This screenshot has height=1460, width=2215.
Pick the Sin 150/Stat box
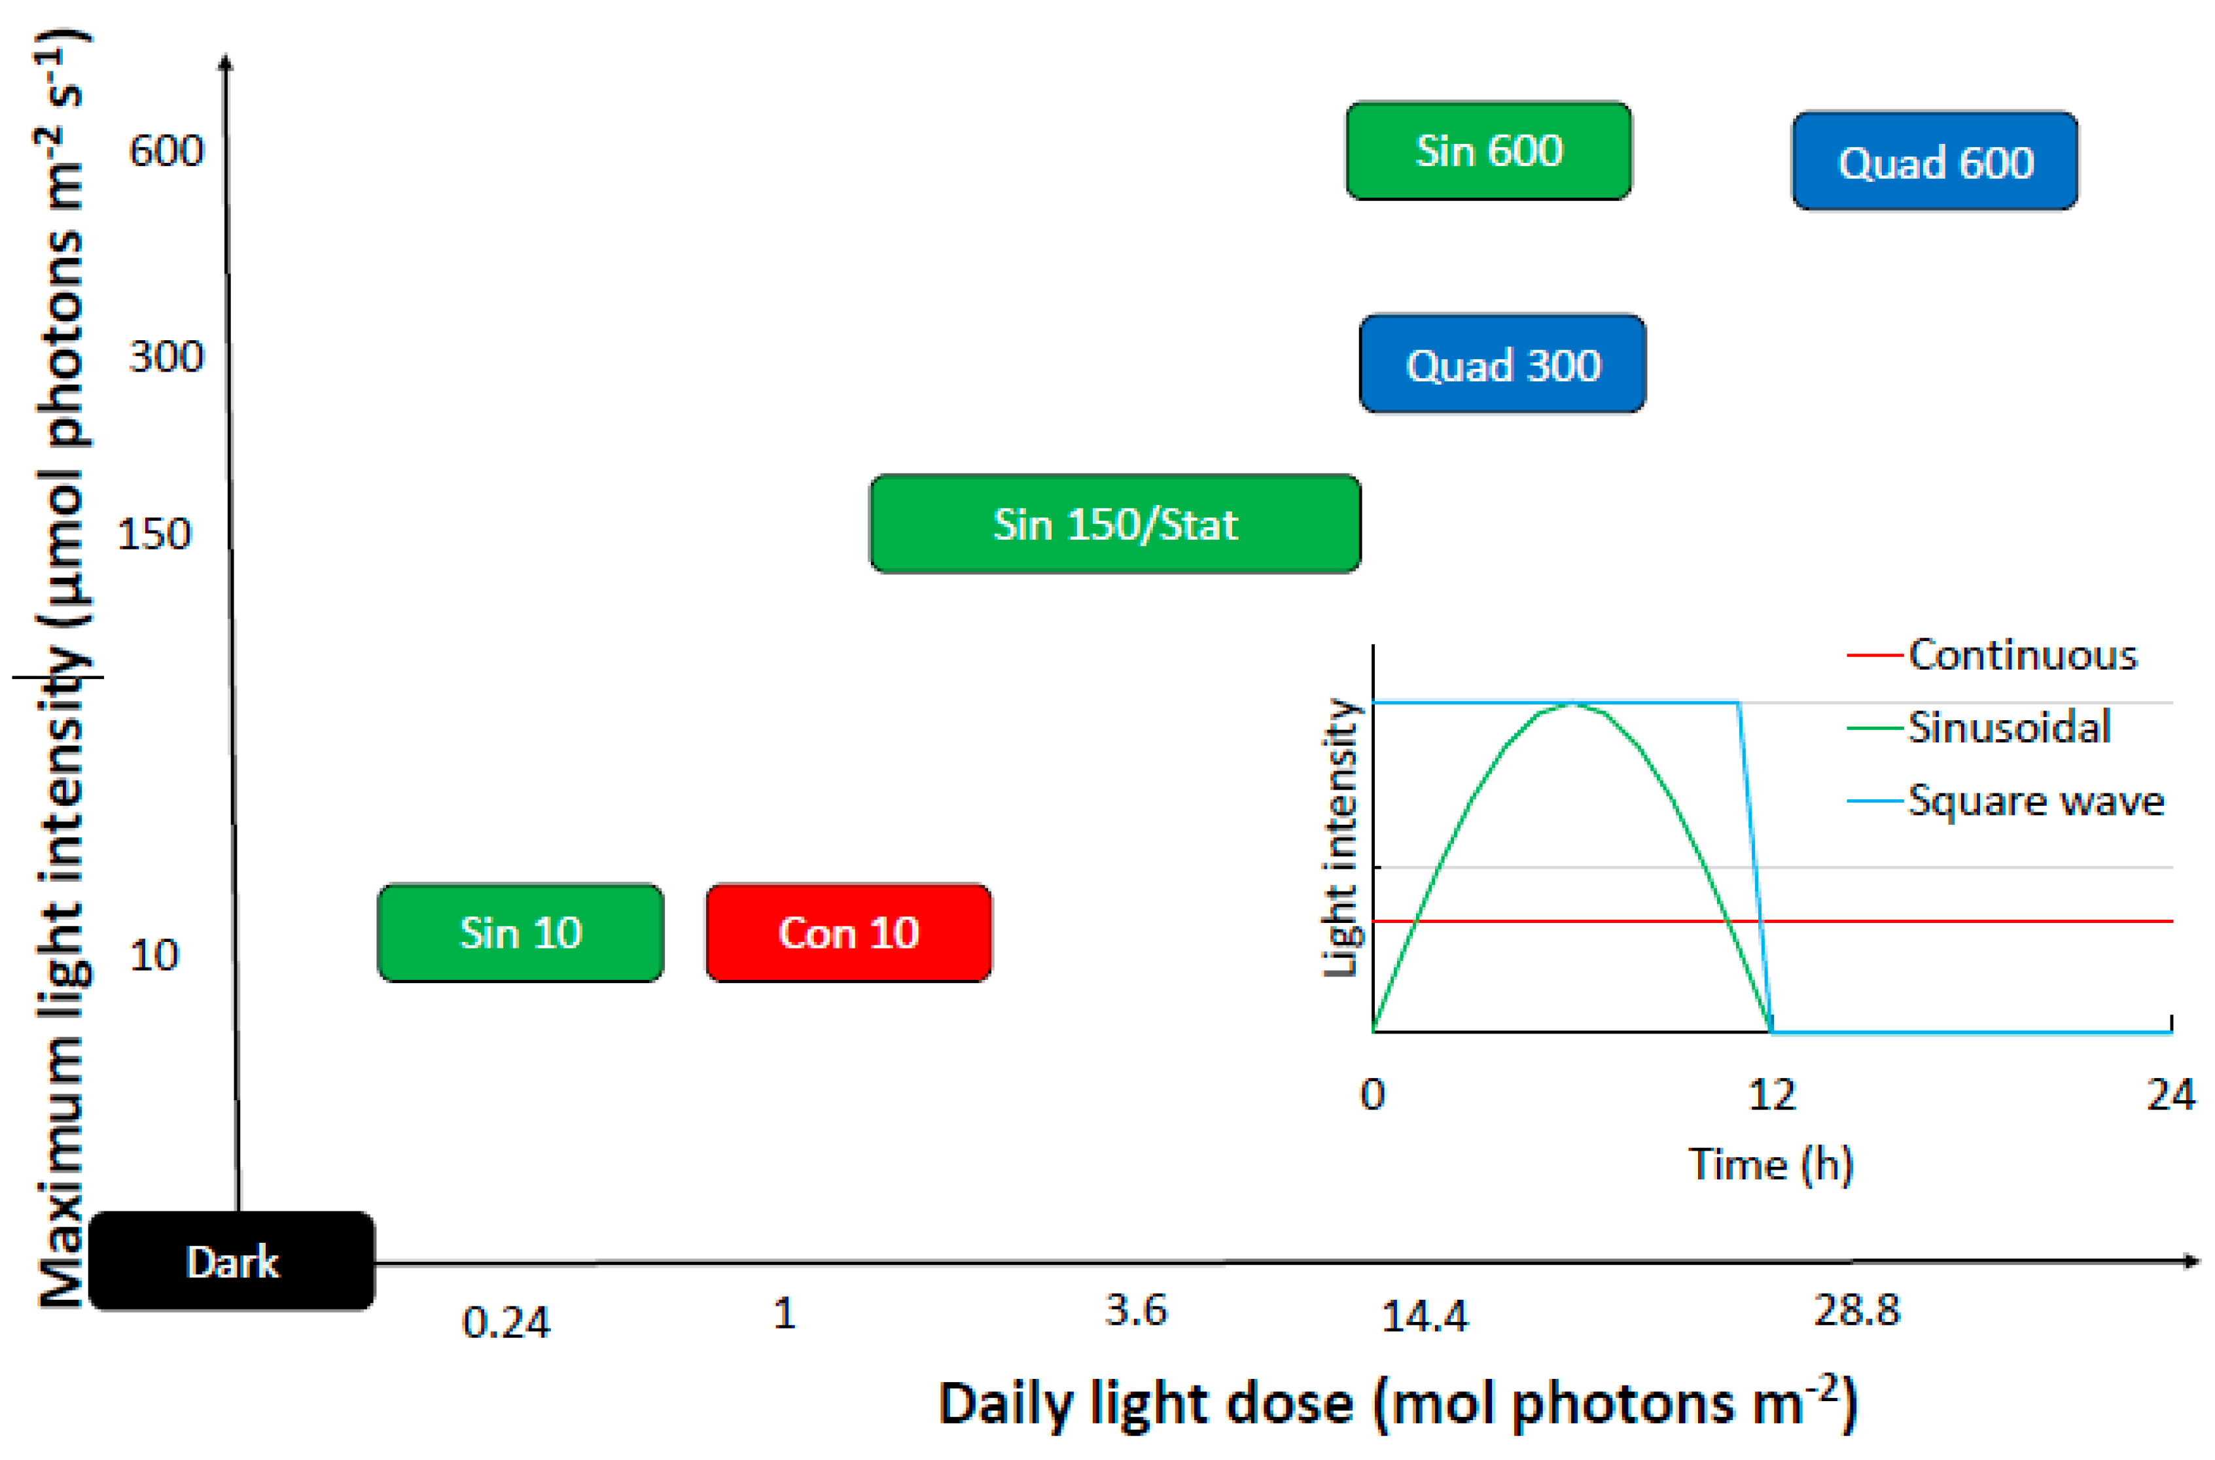(x=1115, y=524)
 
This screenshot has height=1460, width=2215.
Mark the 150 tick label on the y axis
(x=154, y=534)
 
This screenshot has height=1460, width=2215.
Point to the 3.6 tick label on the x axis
(x=1135, y=1311)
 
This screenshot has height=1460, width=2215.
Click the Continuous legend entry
(x=2021, y=655)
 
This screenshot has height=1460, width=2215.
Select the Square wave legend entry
(x=2035, y=801)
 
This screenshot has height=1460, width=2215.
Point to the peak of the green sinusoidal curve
(x=1572, y=704)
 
